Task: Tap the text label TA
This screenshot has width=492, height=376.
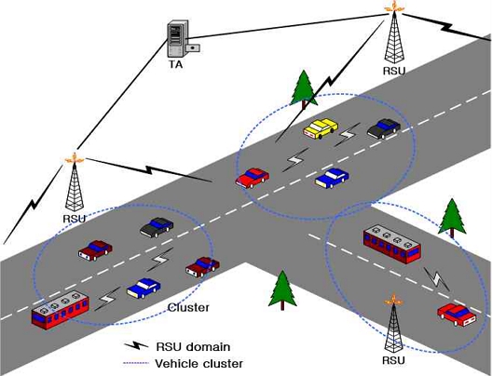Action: [176, 64]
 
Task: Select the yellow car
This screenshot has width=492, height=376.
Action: [321, 128]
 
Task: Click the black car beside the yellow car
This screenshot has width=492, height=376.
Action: [384, 128]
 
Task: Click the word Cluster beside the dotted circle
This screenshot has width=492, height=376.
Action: [188, 307]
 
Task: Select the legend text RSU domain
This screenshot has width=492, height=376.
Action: [193, 347]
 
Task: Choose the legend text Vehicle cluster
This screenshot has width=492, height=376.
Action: [198, 364]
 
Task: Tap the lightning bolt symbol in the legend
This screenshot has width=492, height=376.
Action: [136, 345]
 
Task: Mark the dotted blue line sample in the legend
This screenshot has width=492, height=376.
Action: [135, 364]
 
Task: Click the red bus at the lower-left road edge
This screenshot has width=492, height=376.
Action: [61, 310]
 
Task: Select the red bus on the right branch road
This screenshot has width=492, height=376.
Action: [392, 245]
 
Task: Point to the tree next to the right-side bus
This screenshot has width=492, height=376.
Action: [452, 218]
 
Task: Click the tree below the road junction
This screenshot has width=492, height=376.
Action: [282, 290]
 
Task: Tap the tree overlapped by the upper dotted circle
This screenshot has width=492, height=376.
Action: [303, 90]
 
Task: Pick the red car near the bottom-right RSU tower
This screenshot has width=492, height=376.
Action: [457, 315]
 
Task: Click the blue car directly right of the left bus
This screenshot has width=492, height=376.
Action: [143, 288]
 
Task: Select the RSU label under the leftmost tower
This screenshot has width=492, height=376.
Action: [74, 219]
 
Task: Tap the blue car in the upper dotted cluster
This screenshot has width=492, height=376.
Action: [332, 178]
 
